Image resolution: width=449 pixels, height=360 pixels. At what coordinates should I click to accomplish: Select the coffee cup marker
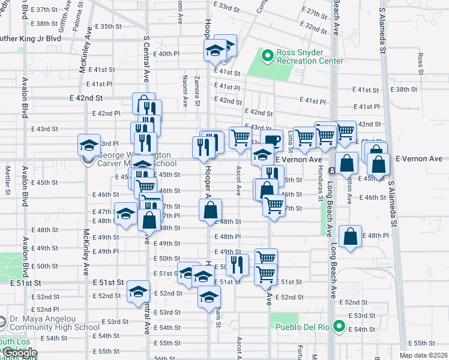coord(271,140)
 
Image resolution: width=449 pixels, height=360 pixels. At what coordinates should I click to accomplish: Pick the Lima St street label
coord(290,139)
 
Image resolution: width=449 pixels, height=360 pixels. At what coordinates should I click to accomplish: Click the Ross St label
coord(420,60)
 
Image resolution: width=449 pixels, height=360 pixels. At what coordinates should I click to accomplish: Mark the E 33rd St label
coord(226,6)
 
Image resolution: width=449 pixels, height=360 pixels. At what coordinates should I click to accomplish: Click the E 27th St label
coord(315,13)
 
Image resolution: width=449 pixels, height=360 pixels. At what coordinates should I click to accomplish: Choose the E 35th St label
coord(108,27)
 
